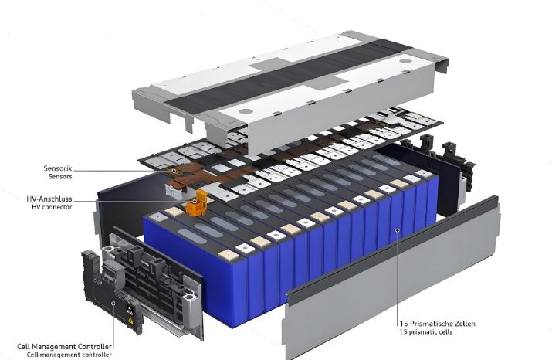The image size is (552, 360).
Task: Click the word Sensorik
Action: pos(58,168)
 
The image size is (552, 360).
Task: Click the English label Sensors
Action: pos(60,176)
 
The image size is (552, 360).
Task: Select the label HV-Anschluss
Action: pos(49,199)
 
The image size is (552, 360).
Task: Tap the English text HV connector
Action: pos(52,207)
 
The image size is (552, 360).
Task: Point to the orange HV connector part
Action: pos(195,203)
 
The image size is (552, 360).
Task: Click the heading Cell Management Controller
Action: pos(64,347)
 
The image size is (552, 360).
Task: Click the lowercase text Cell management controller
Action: pos(69,355)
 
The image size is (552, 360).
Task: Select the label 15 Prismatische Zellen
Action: pos(437,324)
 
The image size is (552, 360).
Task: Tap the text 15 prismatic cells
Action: pos(426,332)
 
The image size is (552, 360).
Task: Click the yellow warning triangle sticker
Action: pos(130,320)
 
